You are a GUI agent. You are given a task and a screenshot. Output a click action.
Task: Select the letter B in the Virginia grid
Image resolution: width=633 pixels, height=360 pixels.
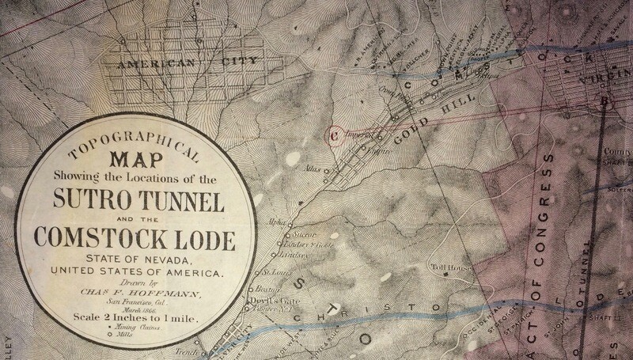[x=605, y=100]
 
